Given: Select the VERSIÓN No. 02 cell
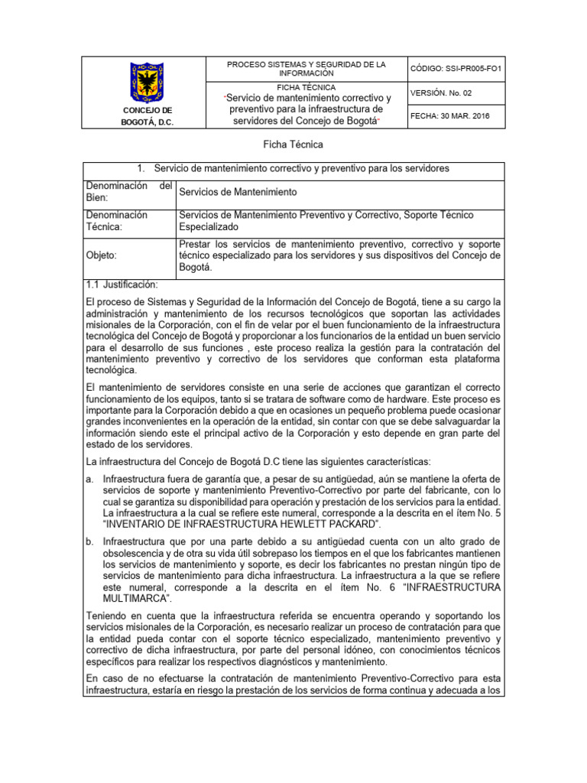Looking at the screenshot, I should [x=441, y=93].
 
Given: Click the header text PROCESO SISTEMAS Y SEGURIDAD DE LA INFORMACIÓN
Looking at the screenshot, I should [x=306, y=69].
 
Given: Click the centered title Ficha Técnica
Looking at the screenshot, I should [x=293, y=145].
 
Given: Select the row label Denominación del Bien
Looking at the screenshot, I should [x=128, y=192].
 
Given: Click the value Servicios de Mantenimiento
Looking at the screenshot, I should [x=238, y=192].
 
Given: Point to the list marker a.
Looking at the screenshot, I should [x=90, y=479].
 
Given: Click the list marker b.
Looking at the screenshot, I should [x=90, y=542].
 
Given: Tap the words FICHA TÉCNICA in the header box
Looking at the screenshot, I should [x=306, y=88].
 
